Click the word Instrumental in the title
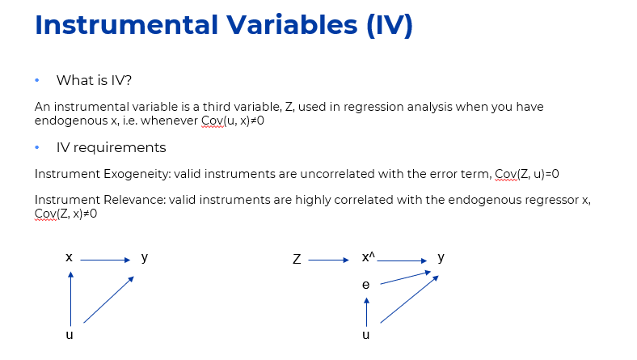[127, 25]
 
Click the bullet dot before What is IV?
[37, 81]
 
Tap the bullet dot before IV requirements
[37, 148]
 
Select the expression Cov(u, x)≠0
[233, 121]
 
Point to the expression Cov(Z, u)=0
[527, 174]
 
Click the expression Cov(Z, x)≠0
[65, 214]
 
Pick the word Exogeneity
[137, 174]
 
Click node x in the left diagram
[69, 257]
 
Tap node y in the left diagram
[145, 258]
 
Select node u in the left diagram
[70, 335]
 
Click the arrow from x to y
[105, 260]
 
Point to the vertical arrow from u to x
[70, 299]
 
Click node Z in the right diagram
[297, 259]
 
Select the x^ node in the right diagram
[369, 257]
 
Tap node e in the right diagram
[366, 285]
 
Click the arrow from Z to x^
[329, 260]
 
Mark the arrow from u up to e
[366, 312]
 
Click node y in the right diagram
[441, 258]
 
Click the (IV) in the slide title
[390, 25]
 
